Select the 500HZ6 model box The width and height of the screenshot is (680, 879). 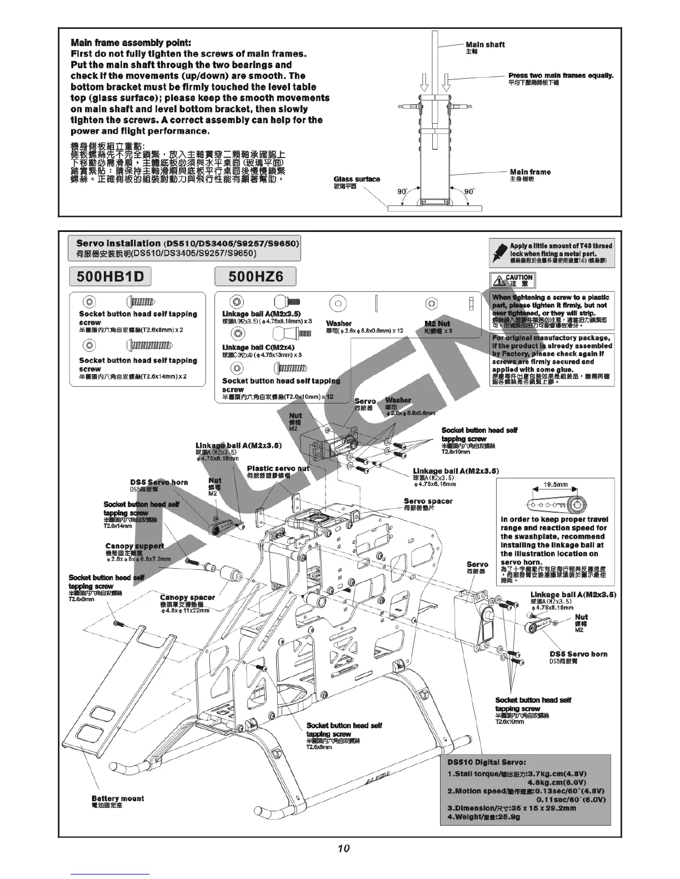coord(255,276)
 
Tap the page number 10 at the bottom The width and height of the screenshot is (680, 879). coord(343,848)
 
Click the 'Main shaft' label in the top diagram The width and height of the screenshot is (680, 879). coord(485,44)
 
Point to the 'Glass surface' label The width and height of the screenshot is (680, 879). coord(357,179)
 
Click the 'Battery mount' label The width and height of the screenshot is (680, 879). coord(117,799)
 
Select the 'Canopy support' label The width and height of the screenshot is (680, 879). coord(134,546)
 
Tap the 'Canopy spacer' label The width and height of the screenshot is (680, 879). coord(187,598)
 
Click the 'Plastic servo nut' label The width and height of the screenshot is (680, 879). coord(278,468)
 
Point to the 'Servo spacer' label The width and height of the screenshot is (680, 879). coord(428,501)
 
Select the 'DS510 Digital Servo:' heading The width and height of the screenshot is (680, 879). coord(486,762)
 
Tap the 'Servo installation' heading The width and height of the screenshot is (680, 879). coord(118,243)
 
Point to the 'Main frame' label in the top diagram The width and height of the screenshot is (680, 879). coord(530,172)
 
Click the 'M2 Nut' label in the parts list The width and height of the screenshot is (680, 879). coord(437,324)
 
